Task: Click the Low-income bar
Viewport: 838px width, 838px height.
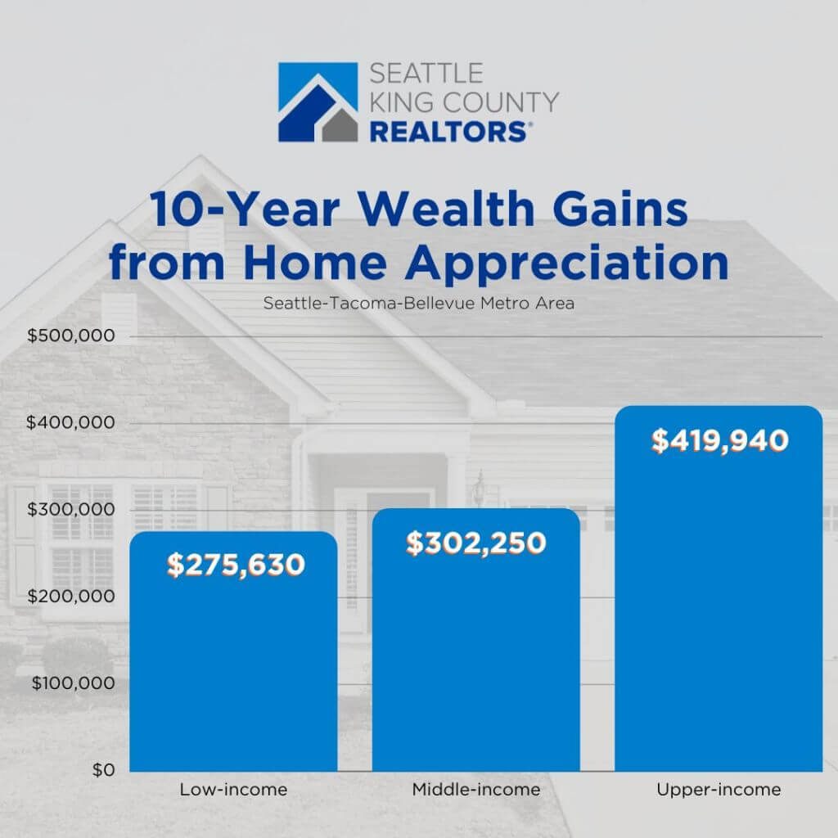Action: click(x=233, y=651)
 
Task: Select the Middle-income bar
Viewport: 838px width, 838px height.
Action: click(x=476, y=640)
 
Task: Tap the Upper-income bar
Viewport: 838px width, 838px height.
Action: click(x=719, y=588)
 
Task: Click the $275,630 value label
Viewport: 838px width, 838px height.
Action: click(x=236, y=565)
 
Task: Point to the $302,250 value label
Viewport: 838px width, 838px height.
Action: click(x=476, y=543)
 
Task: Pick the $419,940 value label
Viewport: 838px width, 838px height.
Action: click(x=720, y=441)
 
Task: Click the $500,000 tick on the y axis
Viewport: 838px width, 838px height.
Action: click(x=71, y=336)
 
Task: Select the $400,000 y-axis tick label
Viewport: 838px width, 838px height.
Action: click(x=70, y=423)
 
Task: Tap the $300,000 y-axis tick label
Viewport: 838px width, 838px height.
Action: click(x=71, y=509)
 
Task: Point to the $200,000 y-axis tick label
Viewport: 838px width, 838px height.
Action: click(x=71, y=597)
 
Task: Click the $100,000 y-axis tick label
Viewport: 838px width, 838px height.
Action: click(x=73, y=683)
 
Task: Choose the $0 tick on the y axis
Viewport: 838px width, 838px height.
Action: click(x=104, y=770)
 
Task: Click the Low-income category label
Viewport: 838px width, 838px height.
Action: click(x=233, y=790)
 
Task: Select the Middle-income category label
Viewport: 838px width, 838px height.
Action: click(x=476, y=790)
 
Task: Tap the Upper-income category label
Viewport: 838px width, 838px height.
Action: click(x=719, y=790)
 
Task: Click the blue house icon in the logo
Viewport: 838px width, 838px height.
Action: click(x=318, y=102)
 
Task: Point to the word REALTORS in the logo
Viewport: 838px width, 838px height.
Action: click(x=448, y=132)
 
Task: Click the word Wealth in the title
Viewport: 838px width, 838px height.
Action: click(x=446, y=209)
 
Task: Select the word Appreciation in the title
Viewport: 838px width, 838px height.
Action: click(x=567, y=263)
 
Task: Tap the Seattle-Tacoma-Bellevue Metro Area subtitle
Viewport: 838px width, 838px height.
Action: click(x=419, y=304)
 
